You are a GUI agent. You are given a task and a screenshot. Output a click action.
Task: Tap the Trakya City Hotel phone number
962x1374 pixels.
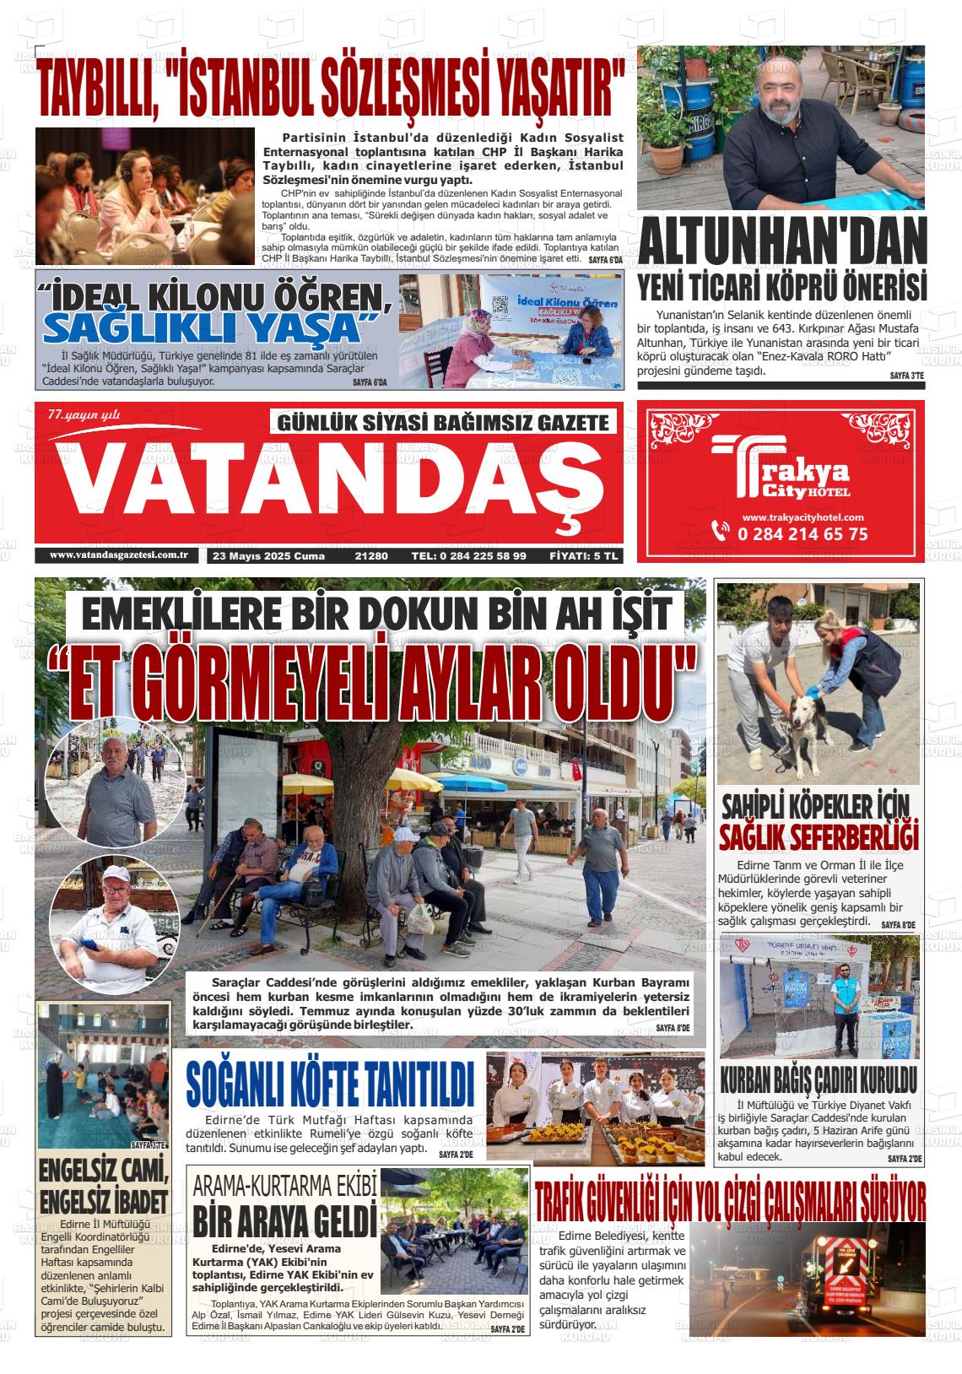(x=802, y=533)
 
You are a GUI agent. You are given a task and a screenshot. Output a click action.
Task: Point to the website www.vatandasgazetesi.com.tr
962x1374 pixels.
(x=118, y=555)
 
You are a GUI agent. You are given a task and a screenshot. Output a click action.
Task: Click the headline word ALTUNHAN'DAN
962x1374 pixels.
(x=781, y=243)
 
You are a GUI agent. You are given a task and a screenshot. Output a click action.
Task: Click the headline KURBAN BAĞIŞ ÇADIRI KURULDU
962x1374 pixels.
(x=818, y=1080)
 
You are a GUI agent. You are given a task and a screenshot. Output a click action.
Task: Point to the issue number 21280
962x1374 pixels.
(x=371, y=556)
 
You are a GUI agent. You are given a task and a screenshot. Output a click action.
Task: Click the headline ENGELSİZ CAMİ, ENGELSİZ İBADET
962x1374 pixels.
(x=104, y=1187)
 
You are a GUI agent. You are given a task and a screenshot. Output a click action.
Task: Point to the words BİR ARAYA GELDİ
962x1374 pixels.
(x=284, y=1221)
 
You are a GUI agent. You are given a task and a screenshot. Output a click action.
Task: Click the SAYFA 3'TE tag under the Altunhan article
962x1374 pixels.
(x=907, y=375)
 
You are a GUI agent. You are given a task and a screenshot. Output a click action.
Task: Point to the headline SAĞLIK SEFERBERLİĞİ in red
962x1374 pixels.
(x=817, y=838)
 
